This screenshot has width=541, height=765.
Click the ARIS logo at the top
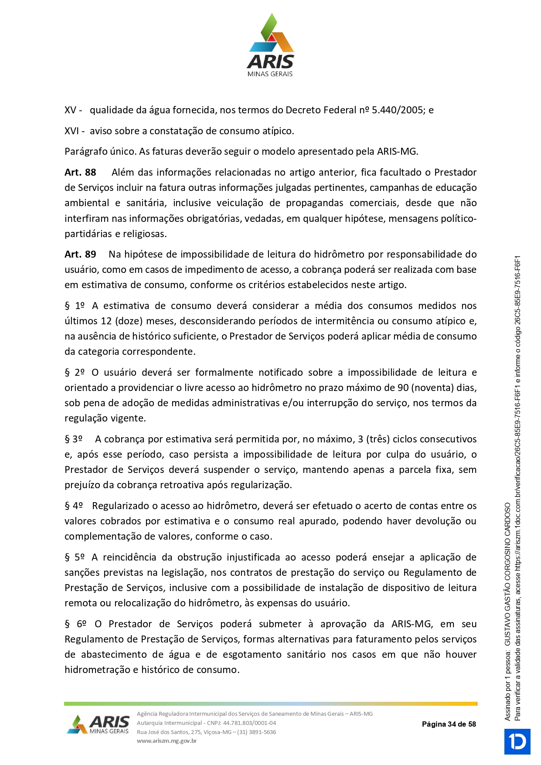(270, 45)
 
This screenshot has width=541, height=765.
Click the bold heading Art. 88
(80, 173)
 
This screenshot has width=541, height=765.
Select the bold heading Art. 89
(80, 255)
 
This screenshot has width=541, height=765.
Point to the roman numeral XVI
(71, 131)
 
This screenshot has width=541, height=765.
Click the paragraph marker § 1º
(75, 306)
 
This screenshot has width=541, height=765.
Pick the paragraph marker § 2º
(75, 373)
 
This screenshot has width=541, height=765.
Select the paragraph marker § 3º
(74, 439)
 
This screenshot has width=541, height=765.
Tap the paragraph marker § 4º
(74, 506)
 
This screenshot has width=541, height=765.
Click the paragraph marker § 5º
(75, 558)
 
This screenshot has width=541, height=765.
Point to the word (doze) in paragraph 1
(129, 321)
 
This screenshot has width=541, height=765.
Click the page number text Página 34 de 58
(449, 724)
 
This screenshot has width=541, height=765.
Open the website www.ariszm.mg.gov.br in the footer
(167, 741)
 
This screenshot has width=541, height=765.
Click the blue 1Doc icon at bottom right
(517, 741)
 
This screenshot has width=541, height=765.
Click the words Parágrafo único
(100, 152)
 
